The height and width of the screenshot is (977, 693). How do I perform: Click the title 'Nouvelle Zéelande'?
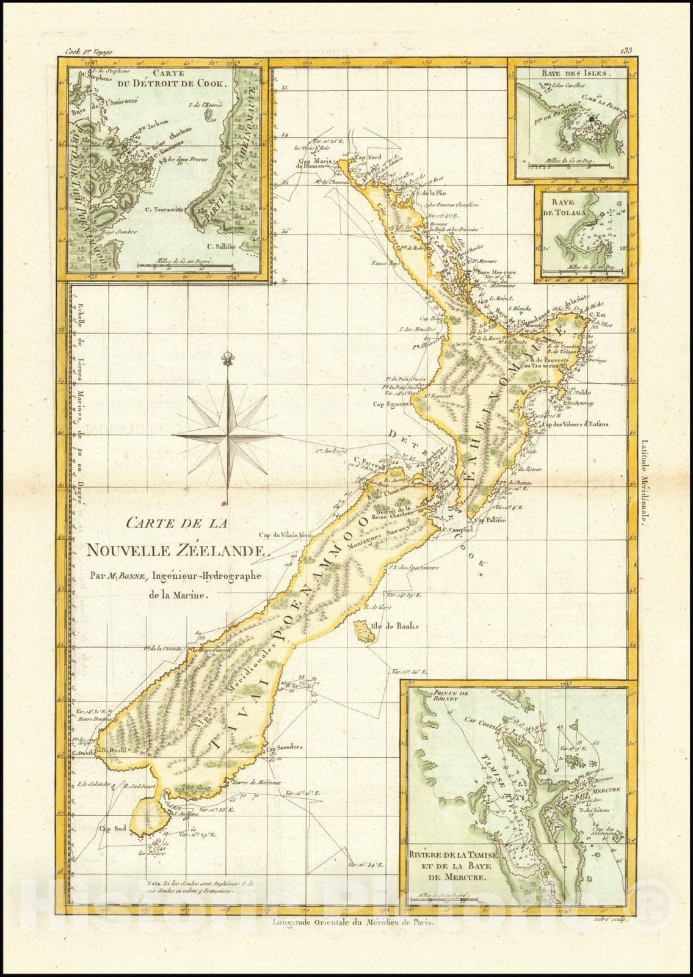[177, 550]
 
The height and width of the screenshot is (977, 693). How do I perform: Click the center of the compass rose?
[228, 434]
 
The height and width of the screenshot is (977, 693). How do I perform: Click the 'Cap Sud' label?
[113, 829]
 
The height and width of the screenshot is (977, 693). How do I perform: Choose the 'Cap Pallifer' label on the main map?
[492, 521]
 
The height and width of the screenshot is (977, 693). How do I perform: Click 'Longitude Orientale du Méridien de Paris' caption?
[354, 923]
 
